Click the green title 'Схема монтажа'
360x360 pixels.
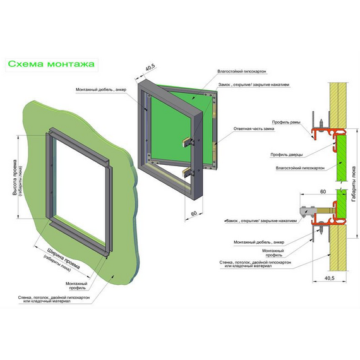pos(51,64)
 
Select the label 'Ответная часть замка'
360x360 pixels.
pos(254,129)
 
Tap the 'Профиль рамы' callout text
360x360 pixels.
pos(286,122)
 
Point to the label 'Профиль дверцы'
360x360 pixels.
pos(287,155)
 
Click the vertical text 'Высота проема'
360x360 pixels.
pos(15,177)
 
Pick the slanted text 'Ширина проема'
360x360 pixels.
pos(64,258)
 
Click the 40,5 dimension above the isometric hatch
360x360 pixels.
pos(150,68)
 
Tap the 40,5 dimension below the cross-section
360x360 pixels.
pos(329,278)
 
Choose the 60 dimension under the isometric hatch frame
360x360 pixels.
pos(194,213)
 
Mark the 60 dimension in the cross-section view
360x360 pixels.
pos(323,191)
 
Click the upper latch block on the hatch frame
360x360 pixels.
pos(188,142)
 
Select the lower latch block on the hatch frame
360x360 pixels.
pos(188,172)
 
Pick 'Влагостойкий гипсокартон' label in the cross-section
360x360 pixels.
pos(300,168)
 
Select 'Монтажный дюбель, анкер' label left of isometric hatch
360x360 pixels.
pos(101,90)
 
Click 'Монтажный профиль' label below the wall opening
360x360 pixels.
pos(76,285)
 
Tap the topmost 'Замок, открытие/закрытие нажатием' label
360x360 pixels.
pos(254,85)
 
